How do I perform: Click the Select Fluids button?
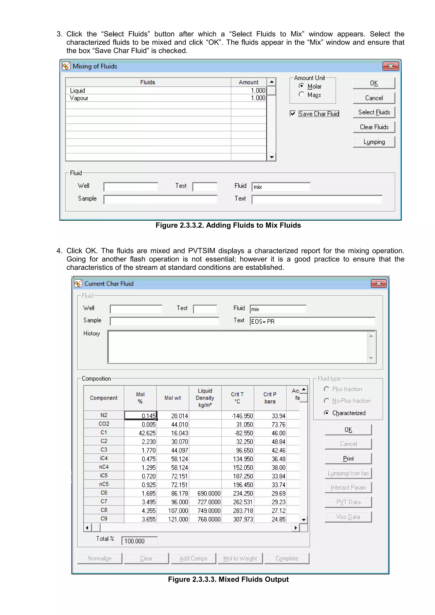(x=374, y=112)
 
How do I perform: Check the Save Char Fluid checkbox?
(x=293, y=114)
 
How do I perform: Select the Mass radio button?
(x=302, y=94)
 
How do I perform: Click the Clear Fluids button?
(x=374, y=127)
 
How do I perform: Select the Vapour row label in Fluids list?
(x=79, y=98)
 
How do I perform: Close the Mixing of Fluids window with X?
(x=391, y=66)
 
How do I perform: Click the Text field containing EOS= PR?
(x=312, y=321)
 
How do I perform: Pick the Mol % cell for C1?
(x=140, y=433)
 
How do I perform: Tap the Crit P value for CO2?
(x=270, y=424)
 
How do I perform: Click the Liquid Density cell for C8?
(x=205, y=511)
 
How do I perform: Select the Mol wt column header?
(x=173, y=398)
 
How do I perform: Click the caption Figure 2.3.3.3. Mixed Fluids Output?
(x=228, y=579)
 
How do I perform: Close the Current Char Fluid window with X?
(x=379, y=283)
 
